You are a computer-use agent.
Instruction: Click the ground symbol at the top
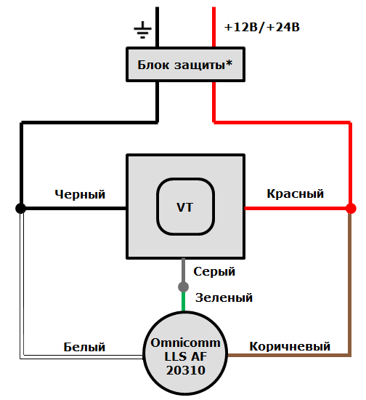coord(143,30)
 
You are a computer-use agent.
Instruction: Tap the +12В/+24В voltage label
coord(262,28)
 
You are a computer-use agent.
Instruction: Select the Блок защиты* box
coord(184,65)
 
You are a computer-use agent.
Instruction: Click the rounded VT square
coord(184,207)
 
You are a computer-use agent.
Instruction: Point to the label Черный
coord(80,194)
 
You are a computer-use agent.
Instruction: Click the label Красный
coord(295,194)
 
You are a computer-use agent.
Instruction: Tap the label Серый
coord(214,271)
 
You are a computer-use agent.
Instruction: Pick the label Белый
coord(84,347)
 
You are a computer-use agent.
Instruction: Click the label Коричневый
coord(290,346)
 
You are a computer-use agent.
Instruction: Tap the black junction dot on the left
coord(21,208)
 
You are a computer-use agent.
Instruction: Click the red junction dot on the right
coord(351,208)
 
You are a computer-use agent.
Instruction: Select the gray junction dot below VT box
coord(184,287)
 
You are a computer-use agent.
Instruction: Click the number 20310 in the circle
coord(184,370)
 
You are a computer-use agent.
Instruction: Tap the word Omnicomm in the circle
coord(184,343)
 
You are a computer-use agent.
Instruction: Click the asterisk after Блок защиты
coord(229,63)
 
